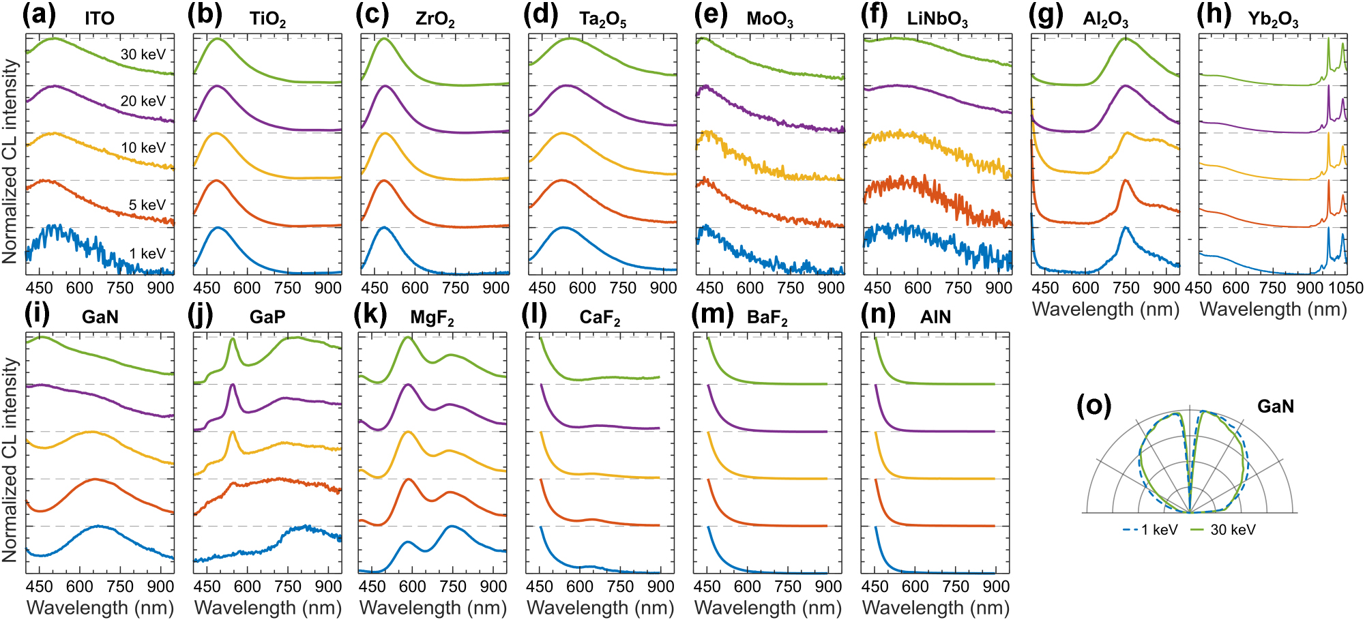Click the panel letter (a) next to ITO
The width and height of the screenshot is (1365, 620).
pyautogui.click(x=39, y=15)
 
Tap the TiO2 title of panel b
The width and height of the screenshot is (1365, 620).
pyautogui.click(x=267, y=19)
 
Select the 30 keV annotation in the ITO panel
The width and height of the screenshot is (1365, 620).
pyautogui.click(x=143, y=54)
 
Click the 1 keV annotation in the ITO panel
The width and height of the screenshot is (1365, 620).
pyautogui.click(x=147, y=253)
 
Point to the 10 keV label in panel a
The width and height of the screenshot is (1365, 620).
pyautogui.click(x=143, y=147)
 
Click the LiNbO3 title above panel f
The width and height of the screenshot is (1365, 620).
pyautogui.click(x=937, y=19)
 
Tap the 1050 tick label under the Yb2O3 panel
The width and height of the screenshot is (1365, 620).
pyautogui.click(x=1345, y=288)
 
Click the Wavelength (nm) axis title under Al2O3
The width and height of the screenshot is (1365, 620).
pyautogui.click(x=1106, y=309)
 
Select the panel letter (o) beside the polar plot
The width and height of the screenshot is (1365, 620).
pyautogui.click(x=1094, y=405)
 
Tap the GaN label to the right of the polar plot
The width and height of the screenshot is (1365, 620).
pyautogui.click(x=1275, y=407)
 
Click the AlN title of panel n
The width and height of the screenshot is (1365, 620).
pyautogui.click(x=935, y=317)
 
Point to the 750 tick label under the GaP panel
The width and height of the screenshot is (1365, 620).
pyautogui.click(x=288, y=587)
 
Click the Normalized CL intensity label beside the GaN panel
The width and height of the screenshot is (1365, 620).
pyautogui.click(x=10, y=460)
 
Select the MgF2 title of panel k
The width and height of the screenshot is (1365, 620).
pyautogui.click(x=432, y=318)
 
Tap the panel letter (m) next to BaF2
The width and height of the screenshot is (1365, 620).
pyautogui.click(x=712, y=314)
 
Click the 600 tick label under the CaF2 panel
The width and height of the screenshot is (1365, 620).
pyautogui.click(x=579, y=587)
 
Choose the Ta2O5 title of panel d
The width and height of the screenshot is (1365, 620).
pyautogui.click(x=602, y=19)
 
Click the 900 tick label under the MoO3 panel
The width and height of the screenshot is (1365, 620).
pyautogui.click(x=830, y=288)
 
